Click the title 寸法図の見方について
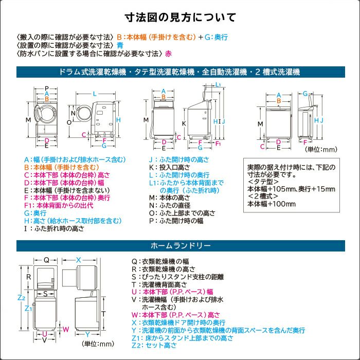pos(180,17)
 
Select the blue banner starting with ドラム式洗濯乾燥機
pos(179,72)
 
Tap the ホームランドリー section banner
pos(179,246)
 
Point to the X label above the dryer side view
pos(79,260)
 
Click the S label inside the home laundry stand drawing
pos(45,294)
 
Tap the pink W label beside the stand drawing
pos(65,329)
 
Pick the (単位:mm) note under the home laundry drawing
pos(98,344)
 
